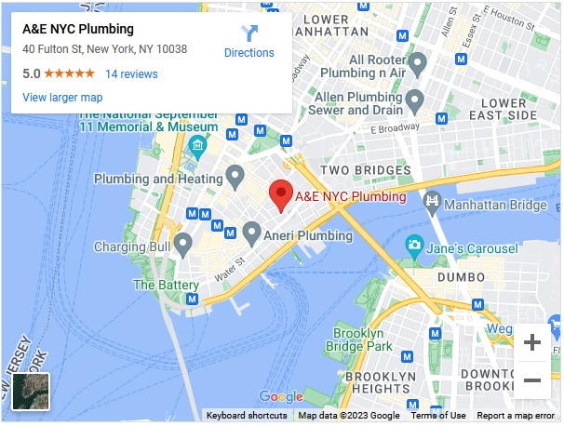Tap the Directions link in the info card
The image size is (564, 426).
point(249,42)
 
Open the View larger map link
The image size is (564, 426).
point(62,98)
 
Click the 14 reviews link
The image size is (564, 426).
point(131,74)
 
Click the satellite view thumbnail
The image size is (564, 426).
point(30,391)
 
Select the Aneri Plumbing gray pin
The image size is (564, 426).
point(251,233)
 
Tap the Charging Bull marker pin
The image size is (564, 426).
point(183,245)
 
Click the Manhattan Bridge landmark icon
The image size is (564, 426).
point(432,202)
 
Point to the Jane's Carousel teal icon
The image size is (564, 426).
point(414,246)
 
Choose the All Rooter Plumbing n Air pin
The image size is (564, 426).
point(417,63)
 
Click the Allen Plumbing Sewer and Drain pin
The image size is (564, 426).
point(415,100)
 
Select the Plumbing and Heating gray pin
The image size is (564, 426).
point(235,175)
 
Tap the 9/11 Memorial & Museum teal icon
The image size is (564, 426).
point(197,146)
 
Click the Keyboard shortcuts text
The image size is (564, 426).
point(246,416)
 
